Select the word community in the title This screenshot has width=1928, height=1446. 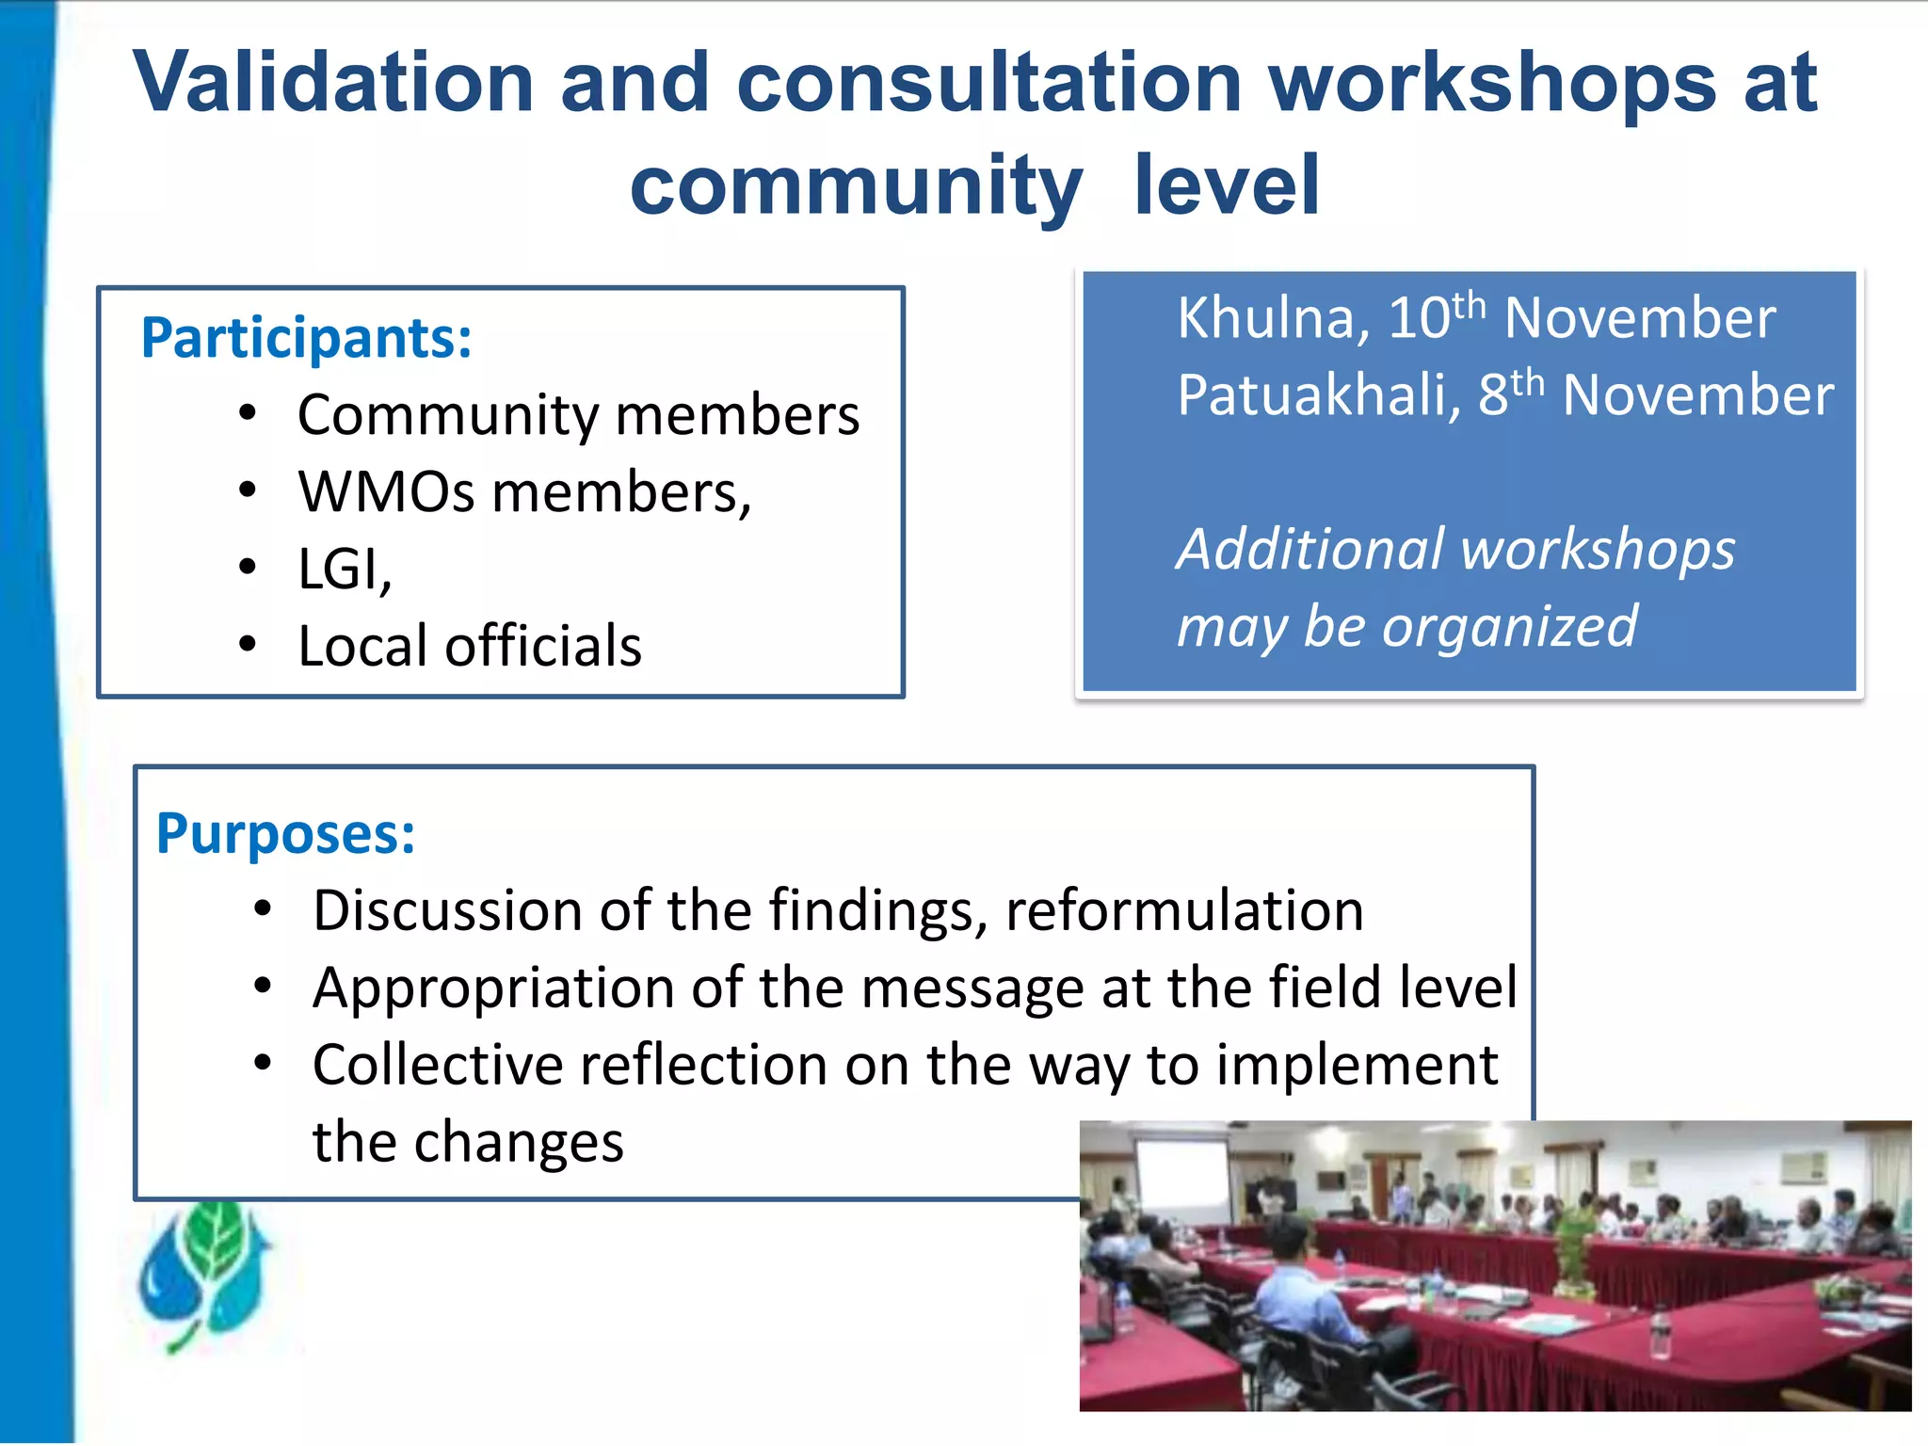coord(856,186)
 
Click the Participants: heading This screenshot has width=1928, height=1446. coord(306,338)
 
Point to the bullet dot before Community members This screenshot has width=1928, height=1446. coord(248,413)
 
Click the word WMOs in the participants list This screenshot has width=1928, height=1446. coord(386,492)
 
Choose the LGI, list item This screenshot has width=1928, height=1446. coord(345,570)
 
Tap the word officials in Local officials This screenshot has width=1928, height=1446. coord(543,647)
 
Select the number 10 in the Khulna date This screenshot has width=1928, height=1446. coord(1419,318)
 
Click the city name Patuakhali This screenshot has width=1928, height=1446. coord(1318,395)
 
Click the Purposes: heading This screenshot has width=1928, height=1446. coord(286,834)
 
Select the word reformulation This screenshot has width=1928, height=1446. coord(1184,911)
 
